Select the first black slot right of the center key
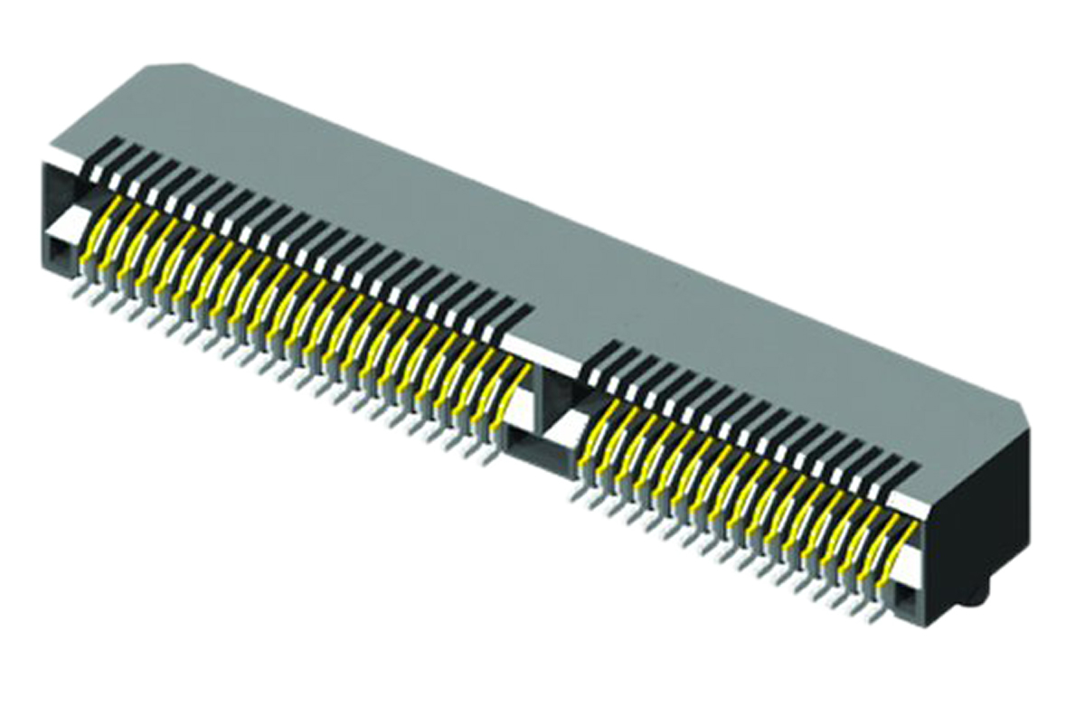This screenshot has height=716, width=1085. click(x=605, y=353)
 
